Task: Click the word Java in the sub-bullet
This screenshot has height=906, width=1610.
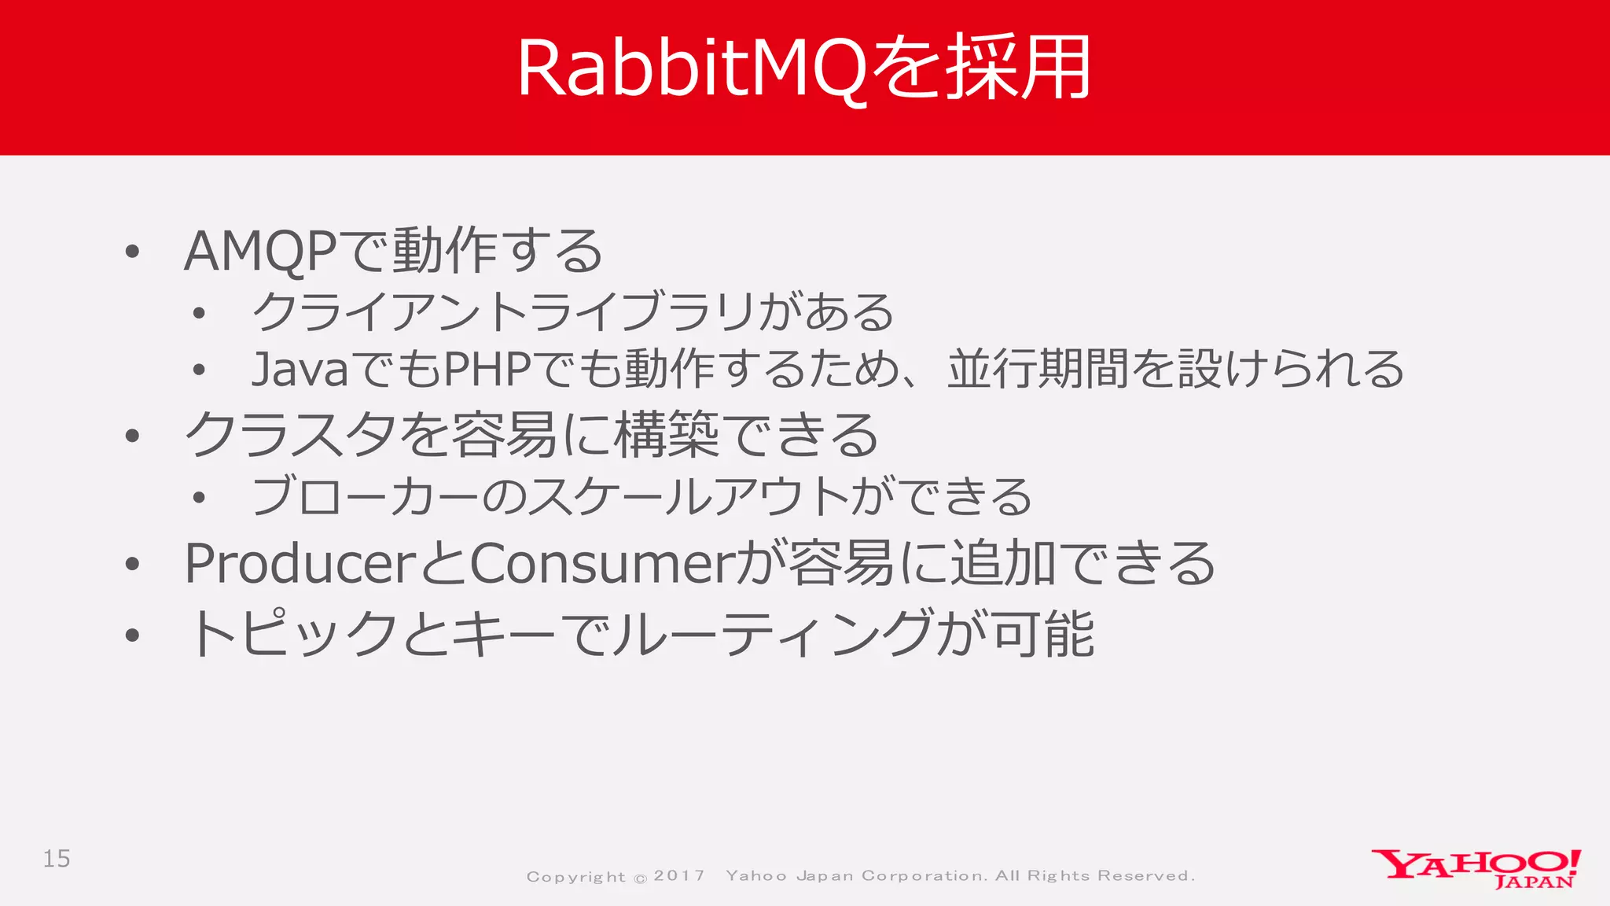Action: point(299,369)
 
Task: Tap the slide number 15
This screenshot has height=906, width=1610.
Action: point(57,859)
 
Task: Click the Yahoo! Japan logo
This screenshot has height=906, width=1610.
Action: point(1476,868)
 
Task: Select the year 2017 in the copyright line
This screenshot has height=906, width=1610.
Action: point(679,876)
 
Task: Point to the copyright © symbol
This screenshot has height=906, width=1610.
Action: point(641,878)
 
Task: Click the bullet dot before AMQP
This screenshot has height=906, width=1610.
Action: point(132,252)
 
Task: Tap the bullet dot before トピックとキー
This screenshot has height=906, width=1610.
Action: point(132,635)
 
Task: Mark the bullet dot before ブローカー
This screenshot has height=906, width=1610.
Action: point(199,498)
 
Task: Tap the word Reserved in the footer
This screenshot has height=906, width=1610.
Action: point(1145,876)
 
